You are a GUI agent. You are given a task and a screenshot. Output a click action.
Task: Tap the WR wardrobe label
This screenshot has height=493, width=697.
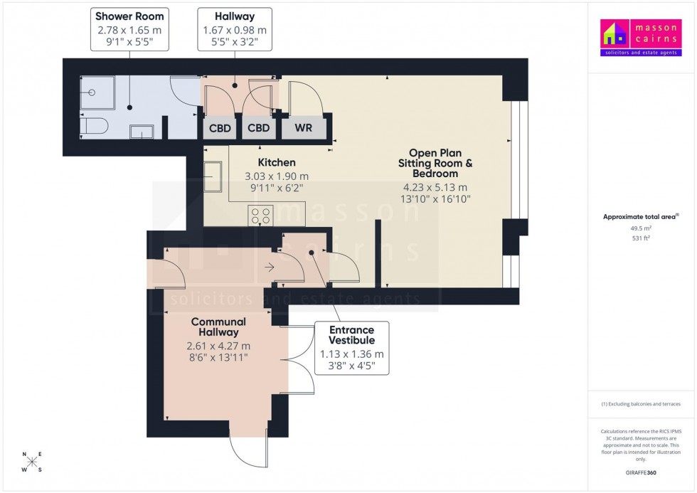pos(303,129)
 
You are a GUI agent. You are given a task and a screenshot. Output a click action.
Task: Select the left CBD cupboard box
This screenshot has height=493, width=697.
pos(220,129)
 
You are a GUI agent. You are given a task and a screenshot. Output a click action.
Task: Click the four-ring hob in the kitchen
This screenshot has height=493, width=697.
pos(260,215)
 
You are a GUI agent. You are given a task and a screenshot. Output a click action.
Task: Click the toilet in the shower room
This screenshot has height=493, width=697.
pos(93,127)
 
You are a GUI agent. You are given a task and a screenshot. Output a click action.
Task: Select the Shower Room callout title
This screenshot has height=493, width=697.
pos(129,16)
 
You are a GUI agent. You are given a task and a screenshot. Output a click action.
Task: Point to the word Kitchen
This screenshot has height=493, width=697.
pos(277,163)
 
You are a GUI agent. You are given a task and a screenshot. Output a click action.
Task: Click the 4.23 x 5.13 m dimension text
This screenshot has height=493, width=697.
pos(435,187)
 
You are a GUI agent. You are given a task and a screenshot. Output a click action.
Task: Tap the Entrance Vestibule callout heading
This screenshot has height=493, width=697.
pos(351,336)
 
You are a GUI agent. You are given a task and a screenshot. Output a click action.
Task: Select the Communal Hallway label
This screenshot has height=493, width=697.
pos(218,327)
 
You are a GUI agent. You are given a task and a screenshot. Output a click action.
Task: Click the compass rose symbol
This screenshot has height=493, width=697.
pos(32,462)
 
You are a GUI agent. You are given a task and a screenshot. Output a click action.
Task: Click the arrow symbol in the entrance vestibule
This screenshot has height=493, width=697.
pos(270,267)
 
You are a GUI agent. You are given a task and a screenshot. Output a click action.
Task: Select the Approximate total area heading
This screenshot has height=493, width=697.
pos(640,216)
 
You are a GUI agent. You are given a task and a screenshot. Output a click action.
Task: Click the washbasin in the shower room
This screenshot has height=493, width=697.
pos(141,131)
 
